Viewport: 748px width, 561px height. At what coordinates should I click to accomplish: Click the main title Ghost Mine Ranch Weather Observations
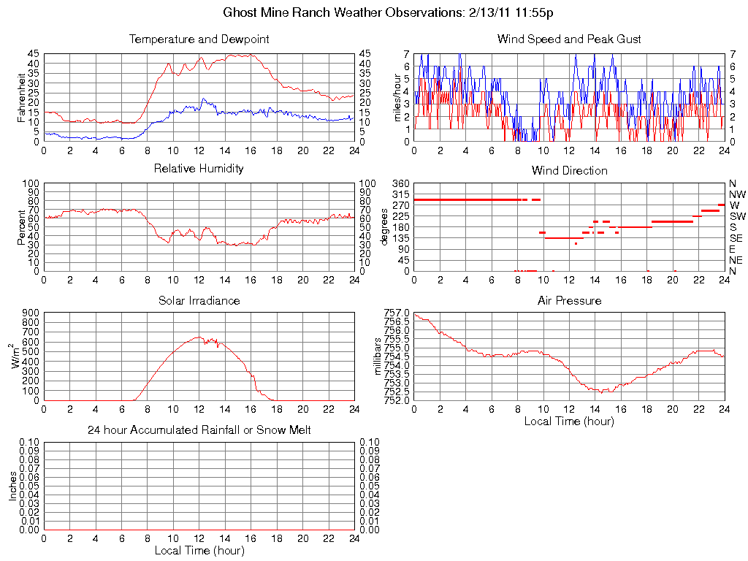coord(388,12)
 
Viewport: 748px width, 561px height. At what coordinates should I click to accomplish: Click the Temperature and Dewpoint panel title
coord(199,39)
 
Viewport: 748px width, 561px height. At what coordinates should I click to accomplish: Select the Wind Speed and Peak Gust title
coord(569,39)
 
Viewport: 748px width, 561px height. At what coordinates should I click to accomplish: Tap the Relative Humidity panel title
coord(199,169)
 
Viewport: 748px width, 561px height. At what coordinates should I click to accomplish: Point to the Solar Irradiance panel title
coord(199,300)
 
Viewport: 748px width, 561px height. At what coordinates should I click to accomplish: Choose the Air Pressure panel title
coord(569,300)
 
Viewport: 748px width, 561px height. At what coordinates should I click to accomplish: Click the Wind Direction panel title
coord(569,170)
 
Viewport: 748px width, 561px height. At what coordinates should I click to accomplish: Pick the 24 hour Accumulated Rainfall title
coord(199,430)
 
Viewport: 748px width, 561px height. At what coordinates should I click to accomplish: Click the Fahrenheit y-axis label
coord(21,98)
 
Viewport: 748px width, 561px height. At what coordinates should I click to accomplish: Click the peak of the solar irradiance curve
coord(198,337)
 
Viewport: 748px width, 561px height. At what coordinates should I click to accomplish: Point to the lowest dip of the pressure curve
coord(601,392)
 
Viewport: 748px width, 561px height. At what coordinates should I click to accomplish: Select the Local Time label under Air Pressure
coord(569,421)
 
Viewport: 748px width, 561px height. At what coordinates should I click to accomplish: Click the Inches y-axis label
coord(12,486)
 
